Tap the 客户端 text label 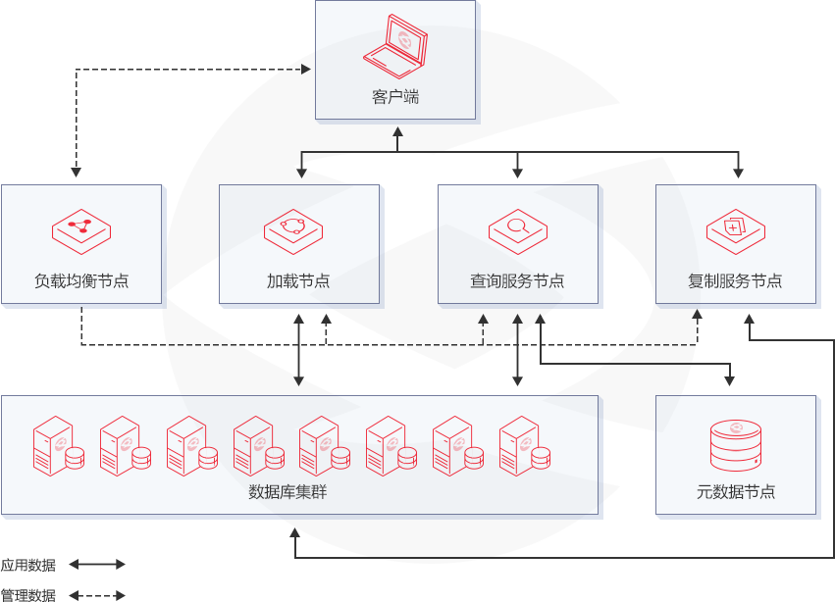pyautogui.click(x=395, y=97)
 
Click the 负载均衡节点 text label pyautogui.click(x=81, y=281)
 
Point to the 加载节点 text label pyautogui.click(x=298, y=281)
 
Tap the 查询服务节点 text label pyautogui.click(x=517, y=281)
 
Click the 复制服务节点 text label pyautogui.click(x=735, y=281)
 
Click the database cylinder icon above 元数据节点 pyautogui.click(x=735, y=444)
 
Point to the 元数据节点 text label pyautogui.click(x=736, y=491)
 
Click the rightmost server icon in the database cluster pyautogui.click(x=524, y=446)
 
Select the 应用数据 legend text pyautogui.click(x=27, y=565)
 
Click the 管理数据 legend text pyautogui.click(x=27, y=594)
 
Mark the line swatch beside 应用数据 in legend pyautogui.click(x=97, y=565)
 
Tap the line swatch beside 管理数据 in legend pyautogui.click(x=97, y=594)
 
